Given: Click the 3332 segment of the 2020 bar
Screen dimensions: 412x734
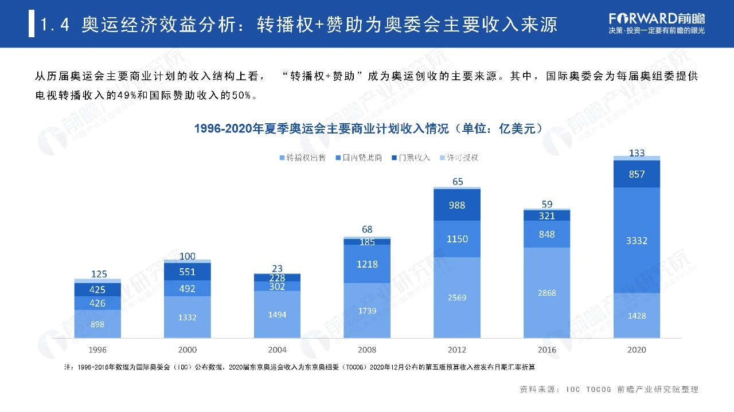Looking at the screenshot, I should [x=637, y=240].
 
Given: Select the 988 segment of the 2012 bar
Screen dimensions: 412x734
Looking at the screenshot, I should [x=457, y=205].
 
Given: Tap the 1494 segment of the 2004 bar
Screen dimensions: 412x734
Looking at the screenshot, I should [x=278, y=314].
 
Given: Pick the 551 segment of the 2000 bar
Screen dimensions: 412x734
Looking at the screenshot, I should [x=188, y=272].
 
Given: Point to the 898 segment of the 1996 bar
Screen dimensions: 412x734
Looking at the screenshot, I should [x=98, y=324].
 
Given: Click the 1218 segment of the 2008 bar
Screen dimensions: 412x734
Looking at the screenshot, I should [x=367, y=264].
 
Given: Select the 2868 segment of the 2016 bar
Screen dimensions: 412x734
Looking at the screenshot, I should [x=546, y=293].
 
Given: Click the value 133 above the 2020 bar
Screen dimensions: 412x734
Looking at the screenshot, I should [x=637, y=153].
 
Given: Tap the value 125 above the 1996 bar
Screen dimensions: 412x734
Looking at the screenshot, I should [x=99, y=274].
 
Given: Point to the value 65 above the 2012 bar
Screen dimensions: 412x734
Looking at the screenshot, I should [x=457, y=182].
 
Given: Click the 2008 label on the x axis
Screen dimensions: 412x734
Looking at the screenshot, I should [x=367, y=350].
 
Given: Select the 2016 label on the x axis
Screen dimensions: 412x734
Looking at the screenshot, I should [x=546, y=350].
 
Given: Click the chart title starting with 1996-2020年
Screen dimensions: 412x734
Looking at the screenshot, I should [x=367, y=128].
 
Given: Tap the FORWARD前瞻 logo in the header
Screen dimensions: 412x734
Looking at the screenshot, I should [x=657, y=17].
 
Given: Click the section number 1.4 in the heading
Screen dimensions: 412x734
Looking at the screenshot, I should [x=56, y=25].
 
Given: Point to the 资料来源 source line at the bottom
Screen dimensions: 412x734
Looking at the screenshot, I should [x=609, y=390].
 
